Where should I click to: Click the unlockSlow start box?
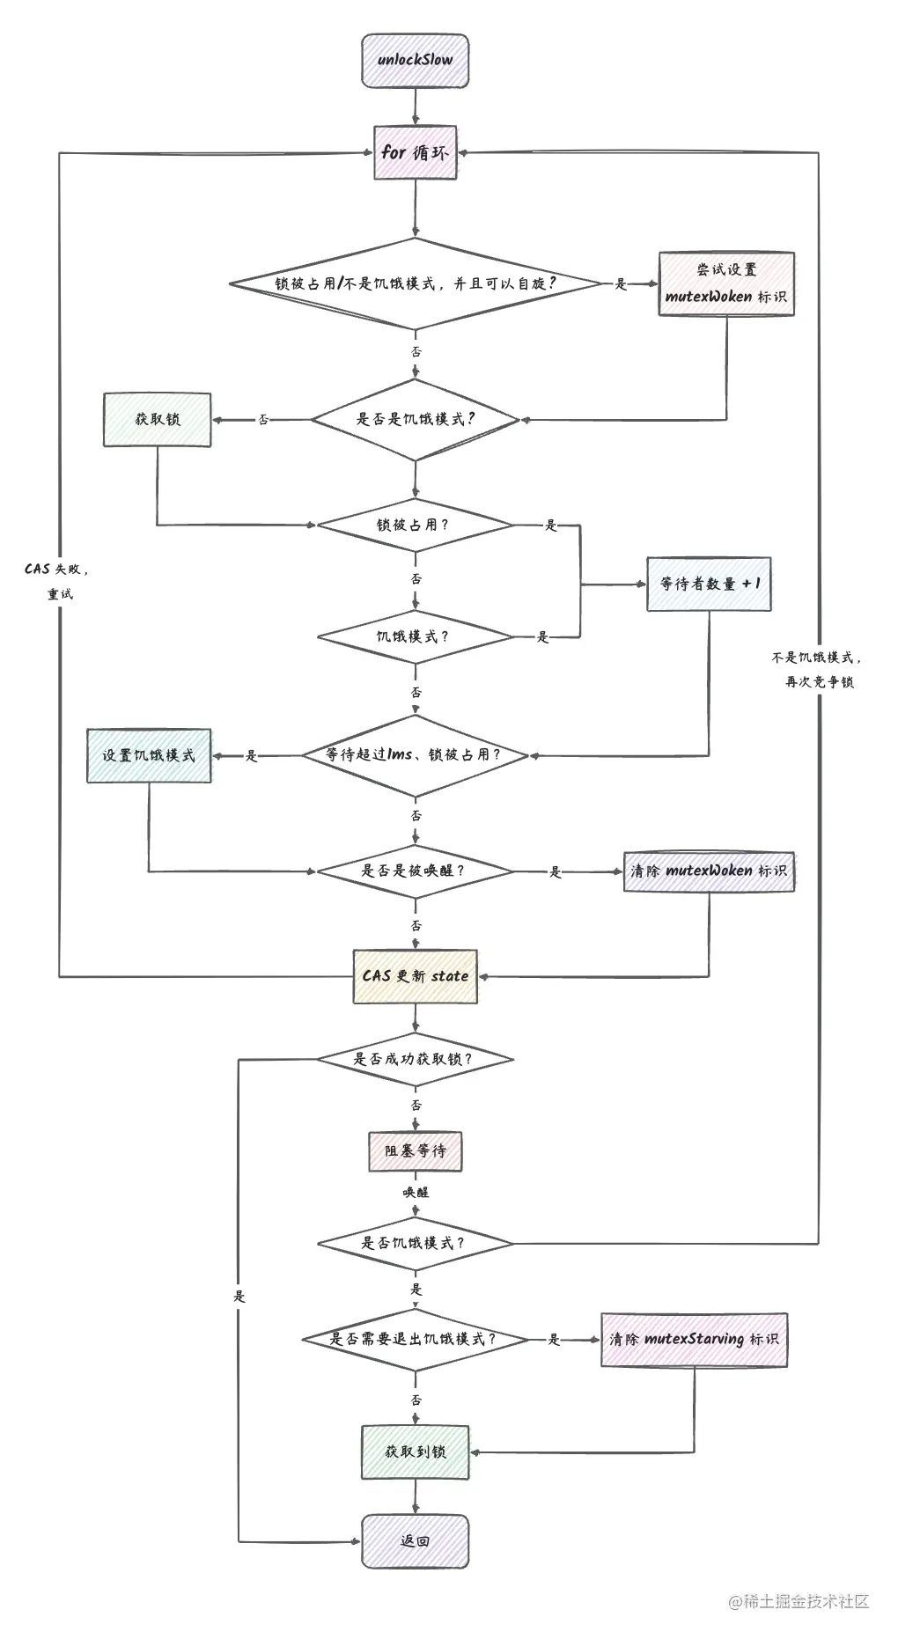tap(415, 61)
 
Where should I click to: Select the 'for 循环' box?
tap(415, 152)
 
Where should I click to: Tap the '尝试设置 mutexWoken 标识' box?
tap(726, 283)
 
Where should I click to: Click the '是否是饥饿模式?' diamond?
tap(416, 420)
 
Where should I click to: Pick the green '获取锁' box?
tap(158, 420)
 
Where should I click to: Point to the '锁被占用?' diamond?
tap(415, 526)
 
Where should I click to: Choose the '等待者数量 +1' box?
tap(709, 584)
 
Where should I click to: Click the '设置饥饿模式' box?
tap(149, 755)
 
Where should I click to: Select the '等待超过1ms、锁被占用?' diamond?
tap(415, 755)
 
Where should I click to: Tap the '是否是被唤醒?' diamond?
tap(415, 871)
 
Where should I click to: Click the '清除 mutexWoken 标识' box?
tap(709, 871)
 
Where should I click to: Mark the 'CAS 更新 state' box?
tap(415, 976)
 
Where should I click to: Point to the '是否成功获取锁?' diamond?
tap(415, 1059)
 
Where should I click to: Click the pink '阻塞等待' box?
tap(415, 1151)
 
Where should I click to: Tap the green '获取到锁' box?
tap(415, 1452)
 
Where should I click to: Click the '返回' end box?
tap(415, 1541)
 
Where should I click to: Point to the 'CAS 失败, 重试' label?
tap(59, 581)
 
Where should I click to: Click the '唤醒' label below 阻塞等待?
tap(416, 1193)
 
